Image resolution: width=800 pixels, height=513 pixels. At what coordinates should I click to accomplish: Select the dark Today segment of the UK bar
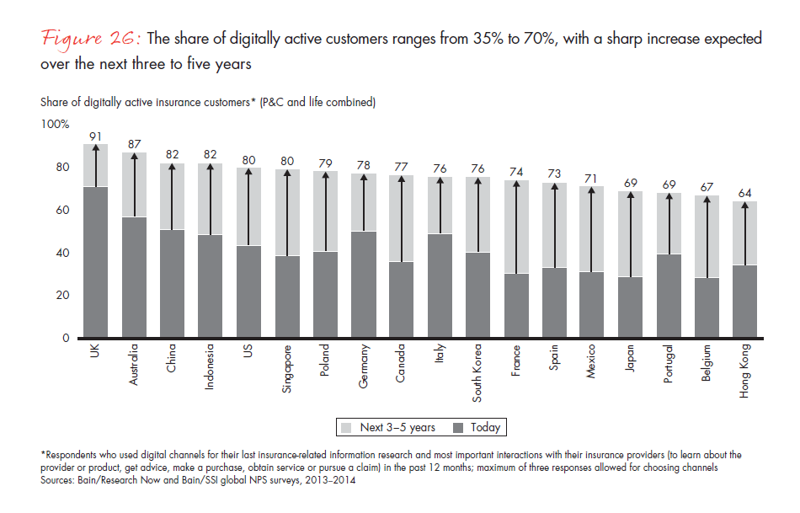96,262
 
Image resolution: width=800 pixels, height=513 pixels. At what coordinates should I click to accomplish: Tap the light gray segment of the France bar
517,227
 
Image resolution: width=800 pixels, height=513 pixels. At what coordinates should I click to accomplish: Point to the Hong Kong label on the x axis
744,371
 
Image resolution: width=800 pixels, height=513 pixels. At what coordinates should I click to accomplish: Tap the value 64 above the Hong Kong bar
745,193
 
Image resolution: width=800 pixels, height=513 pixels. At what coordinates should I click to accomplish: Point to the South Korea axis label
478,373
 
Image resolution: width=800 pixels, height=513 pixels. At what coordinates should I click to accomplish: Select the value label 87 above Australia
134,144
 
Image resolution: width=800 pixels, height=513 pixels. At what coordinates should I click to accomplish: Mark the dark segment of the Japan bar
630,307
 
